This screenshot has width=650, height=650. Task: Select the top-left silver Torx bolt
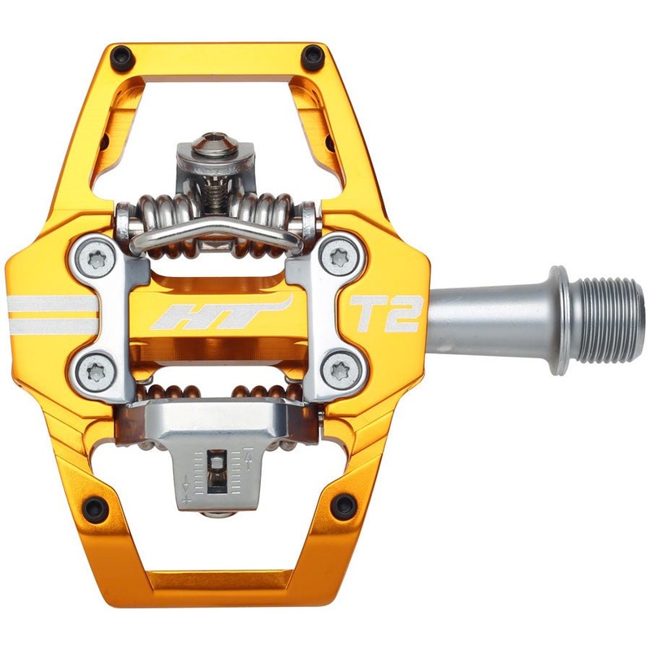click(x=96, y=258)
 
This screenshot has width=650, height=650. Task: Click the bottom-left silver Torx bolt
click(x=96, y=372)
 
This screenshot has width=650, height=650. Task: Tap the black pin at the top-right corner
click(x=311, y=55)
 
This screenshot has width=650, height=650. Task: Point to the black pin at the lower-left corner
click(x=95, y=507)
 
